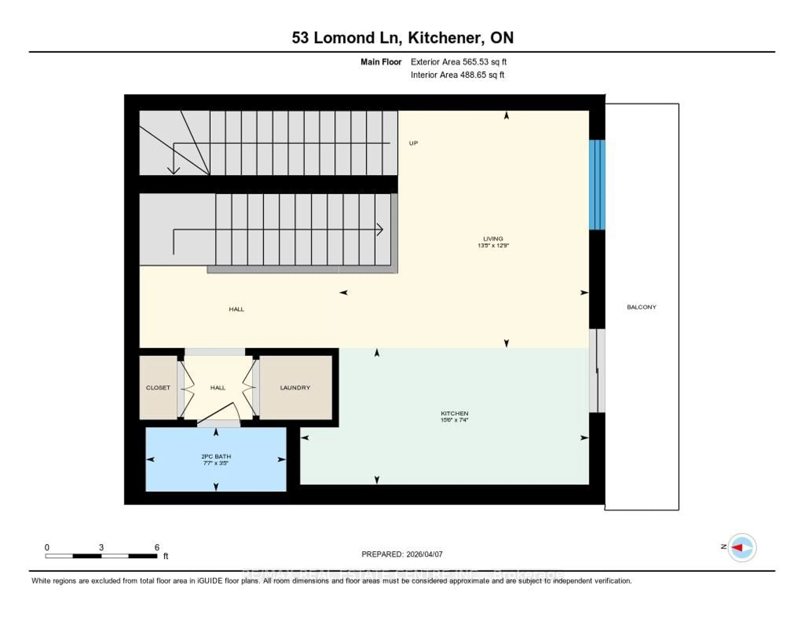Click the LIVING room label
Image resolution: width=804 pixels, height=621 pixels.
pos(493,238)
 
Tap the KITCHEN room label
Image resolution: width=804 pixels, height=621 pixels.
pos(454,413)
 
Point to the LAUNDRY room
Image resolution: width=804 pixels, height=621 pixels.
pos(295,387)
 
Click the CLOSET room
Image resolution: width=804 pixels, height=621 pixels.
pos(158,387)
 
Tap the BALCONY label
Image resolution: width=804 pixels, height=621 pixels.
pos(641,307)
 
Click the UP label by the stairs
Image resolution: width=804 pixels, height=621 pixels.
pos(413,143)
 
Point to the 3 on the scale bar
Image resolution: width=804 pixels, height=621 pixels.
pos(101,547)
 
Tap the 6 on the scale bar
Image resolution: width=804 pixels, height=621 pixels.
pos(157,547)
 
